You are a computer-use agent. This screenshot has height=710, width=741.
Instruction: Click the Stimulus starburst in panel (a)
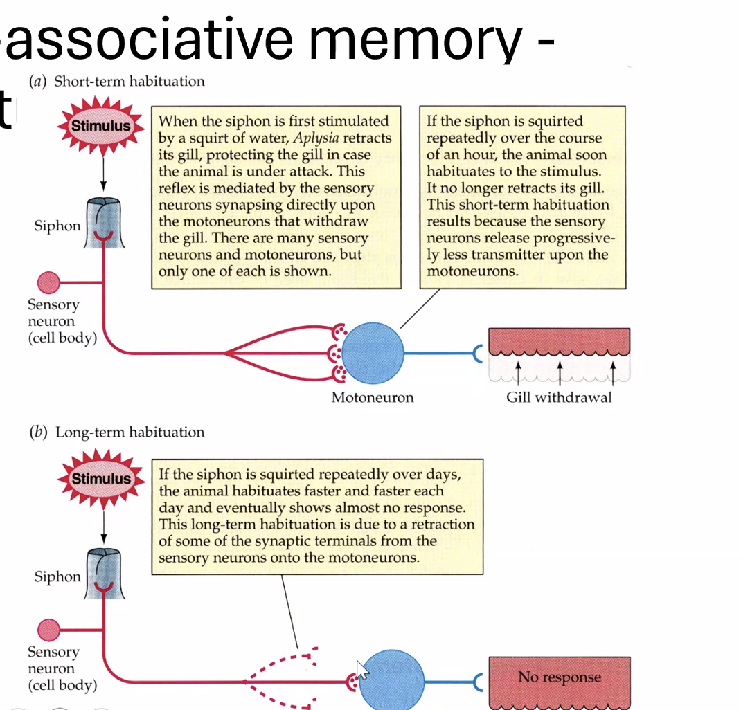click(x=101, y=126)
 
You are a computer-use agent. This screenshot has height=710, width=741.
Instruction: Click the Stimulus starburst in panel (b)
click(x=101, y=479)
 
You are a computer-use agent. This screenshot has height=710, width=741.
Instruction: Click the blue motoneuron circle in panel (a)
click(x=373, y=353)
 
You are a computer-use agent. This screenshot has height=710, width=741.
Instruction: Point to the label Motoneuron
click(x=372, y=397)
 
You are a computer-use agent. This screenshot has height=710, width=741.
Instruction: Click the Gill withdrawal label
click(x=559, y=397)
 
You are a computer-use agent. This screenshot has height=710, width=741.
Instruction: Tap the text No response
click(x=560, y=677)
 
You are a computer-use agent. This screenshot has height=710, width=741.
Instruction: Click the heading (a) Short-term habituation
click(x=116, y=82)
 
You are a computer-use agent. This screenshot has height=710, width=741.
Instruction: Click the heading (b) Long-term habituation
click(x=116, y=433)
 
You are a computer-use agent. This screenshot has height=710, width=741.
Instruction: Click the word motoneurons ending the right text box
click(x=471, y=271)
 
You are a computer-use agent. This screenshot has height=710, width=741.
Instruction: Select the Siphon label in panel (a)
click(x=57, y=226)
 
